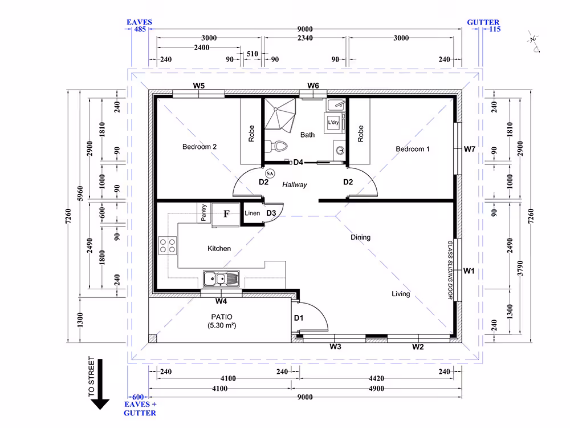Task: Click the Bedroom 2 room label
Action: click(x=199, y=147)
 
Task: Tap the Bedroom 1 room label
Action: click(x=413, y=149)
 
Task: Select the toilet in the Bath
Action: click(x=276, y=146)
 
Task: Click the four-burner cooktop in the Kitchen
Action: click(x=168, y=245)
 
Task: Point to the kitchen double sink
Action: click(x=221, y=279)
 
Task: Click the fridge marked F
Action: click(x=225, y=214)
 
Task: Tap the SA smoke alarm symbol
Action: click(x=270, y=173)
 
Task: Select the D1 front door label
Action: click(x=299, y=318)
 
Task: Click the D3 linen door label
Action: click(x=271, y=213)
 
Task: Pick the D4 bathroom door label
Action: click(x=298, y=162)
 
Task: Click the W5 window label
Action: click(x=199, y=86)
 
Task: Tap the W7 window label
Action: click(x=470, y=149)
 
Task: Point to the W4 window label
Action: click(x=221, y=301)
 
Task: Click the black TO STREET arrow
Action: click(x=100, y=384)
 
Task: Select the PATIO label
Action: click(x=222, y=317)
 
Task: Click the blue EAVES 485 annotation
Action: click(x=139, y=26)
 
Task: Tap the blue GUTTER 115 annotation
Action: click(x=484, y=26)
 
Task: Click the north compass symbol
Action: click(x=534, y=42)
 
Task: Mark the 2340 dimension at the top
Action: click(x=305, y=38)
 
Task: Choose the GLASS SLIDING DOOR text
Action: click(x=450, y=270)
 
